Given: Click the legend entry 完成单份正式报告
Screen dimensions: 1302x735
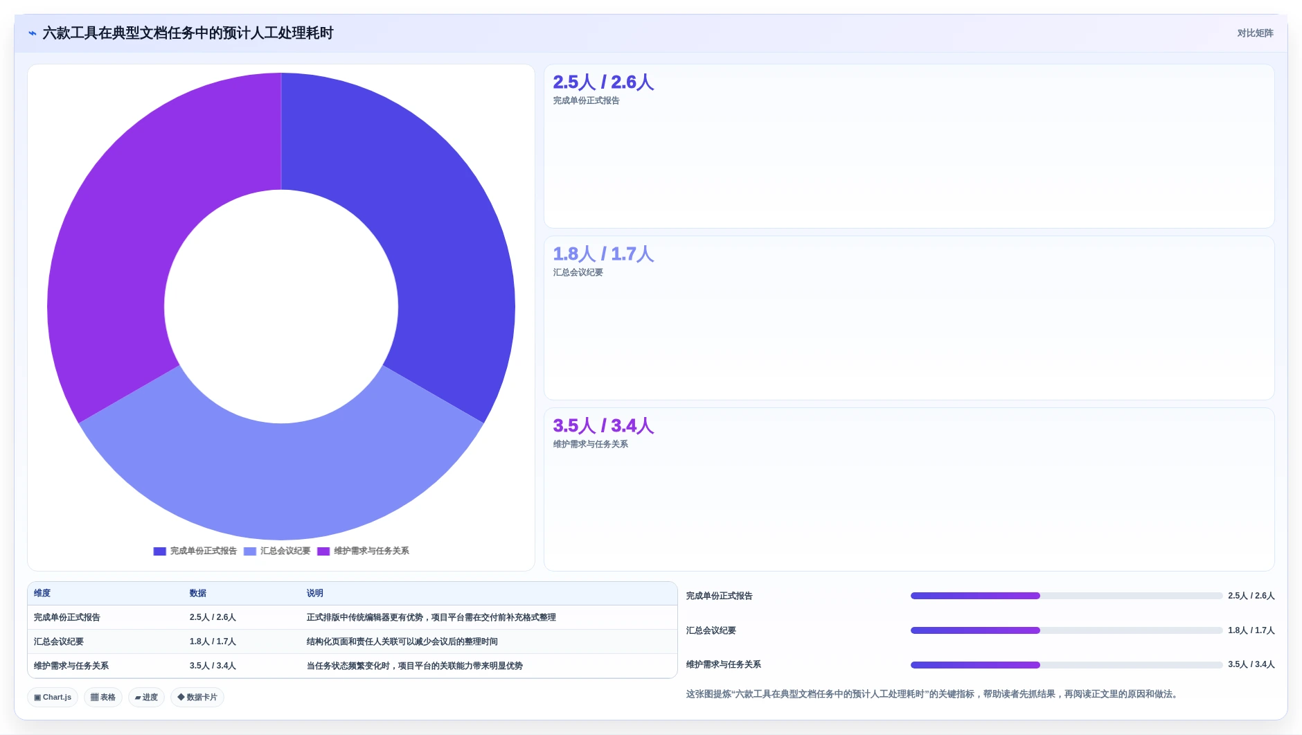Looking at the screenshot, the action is pyautogui.click(x=195, y=551).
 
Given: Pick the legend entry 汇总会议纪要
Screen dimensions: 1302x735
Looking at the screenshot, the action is pyautogui.click(x=277, y=551).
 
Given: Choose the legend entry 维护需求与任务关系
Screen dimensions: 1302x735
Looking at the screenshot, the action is pyautogui.click(x=363, y=551).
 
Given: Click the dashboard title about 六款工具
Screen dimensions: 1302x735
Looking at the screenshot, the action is pyautogui.click(x=188, y=33).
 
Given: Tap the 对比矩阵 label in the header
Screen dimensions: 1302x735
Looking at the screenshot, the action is pyautogui.click(x=1255, y=33).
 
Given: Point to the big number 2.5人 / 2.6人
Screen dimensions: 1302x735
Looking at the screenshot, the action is pyautogui.click(x=603, y=82).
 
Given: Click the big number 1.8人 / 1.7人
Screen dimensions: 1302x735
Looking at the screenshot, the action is pyautogui.click(x=603, y=254).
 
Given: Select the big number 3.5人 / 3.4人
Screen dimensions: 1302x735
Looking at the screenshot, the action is pyautogui.click(x=603, y=426).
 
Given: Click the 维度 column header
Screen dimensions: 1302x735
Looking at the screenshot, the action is pyautogui.click(x=42, y=593).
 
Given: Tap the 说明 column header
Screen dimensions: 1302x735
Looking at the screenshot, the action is pyautogui.click(x=315, y=593).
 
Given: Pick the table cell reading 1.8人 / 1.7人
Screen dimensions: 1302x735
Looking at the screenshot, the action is pyautogui.click(x=213, y=641).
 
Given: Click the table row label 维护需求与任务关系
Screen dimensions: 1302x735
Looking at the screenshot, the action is pyautogui.click(x=71, y=666).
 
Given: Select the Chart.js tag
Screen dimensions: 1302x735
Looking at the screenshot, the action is pyautogui.click(x=53, y=698).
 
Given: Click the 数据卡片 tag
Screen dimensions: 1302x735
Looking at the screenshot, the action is pyautogui.click(x=197, y=698).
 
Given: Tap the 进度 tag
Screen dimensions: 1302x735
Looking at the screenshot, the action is pyautogui.click(x=146, y=698).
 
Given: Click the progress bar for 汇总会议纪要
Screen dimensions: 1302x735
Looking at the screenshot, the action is pyautogui.click(x=1067, y=630).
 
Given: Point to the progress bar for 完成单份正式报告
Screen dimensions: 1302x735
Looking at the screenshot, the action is pyautogui.click(x=1067, y=596).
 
